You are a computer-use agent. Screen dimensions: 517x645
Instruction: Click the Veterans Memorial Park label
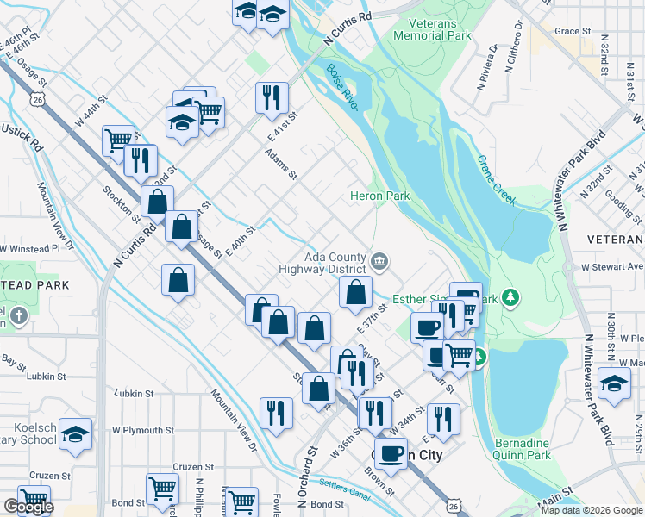click(x=432, y=29)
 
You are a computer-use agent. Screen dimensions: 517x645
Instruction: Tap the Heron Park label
click(x=379, y=196)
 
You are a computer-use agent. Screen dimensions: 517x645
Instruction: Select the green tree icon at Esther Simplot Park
click(x=512, y=298)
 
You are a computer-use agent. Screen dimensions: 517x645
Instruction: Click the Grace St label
click(x=573, y=31)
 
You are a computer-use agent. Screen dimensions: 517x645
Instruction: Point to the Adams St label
click(x=281, y=163)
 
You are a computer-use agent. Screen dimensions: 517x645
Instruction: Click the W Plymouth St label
click(x=142, y=430)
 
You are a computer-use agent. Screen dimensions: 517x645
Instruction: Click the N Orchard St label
click(x=306, y=477)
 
